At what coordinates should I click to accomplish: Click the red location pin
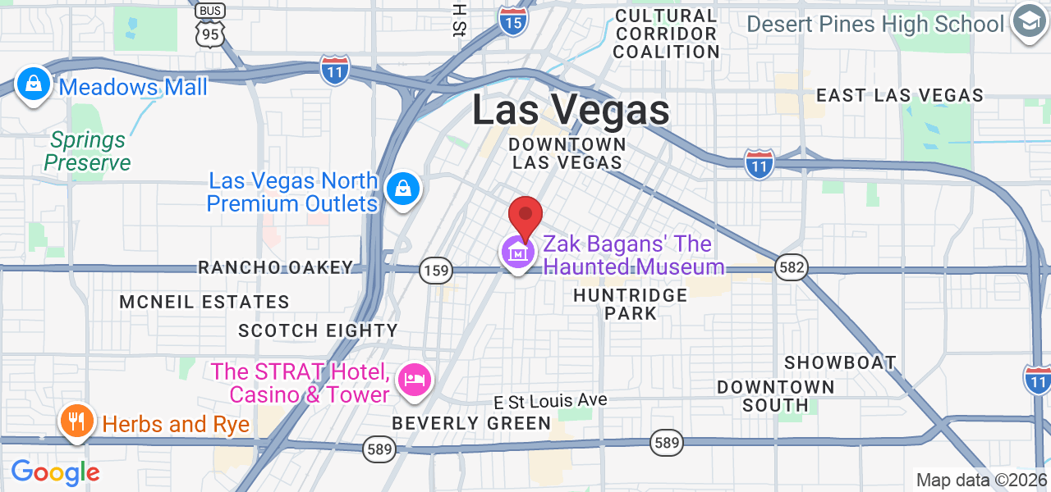[x=525, y=217]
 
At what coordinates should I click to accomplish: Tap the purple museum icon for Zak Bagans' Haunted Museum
[x=518, y=253]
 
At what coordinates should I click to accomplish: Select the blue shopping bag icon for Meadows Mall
[x=34, y=84]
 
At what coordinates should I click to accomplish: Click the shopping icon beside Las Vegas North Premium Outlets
[x=403, y=189]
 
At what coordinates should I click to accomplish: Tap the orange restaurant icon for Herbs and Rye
[x=76, y=422]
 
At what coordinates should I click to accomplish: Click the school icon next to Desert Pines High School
[x=1029, y=22]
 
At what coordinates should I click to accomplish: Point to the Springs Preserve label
[x=87, y=152]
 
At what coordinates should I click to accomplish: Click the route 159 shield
[x=435, y=269]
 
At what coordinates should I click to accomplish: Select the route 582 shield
[x=791, y=267]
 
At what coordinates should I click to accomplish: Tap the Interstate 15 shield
[x=513, y=21]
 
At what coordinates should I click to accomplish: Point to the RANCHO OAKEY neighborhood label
[x=276, y=267]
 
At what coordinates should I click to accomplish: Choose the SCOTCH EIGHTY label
[x=318, y=330]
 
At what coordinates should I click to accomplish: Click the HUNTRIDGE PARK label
[x=631, y=303]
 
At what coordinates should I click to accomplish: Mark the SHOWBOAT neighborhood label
[x=840, y=362]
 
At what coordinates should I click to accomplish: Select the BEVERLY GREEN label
[x=471, y=423]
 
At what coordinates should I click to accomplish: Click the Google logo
[x=55, y=472]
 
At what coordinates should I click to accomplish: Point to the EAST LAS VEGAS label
[x=900, y=95]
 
